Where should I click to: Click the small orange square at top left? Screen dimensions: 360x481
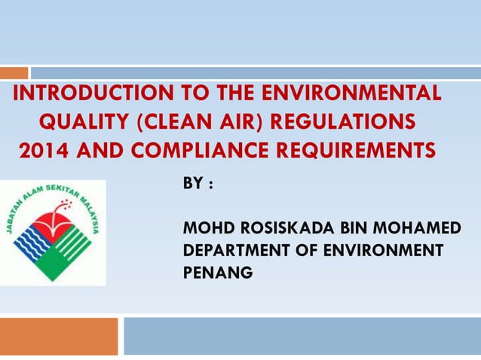14,73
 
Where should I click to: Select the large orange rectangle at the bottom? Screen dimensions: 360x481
59,336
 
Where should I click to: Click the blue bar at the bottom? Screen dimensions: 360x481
302,336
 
